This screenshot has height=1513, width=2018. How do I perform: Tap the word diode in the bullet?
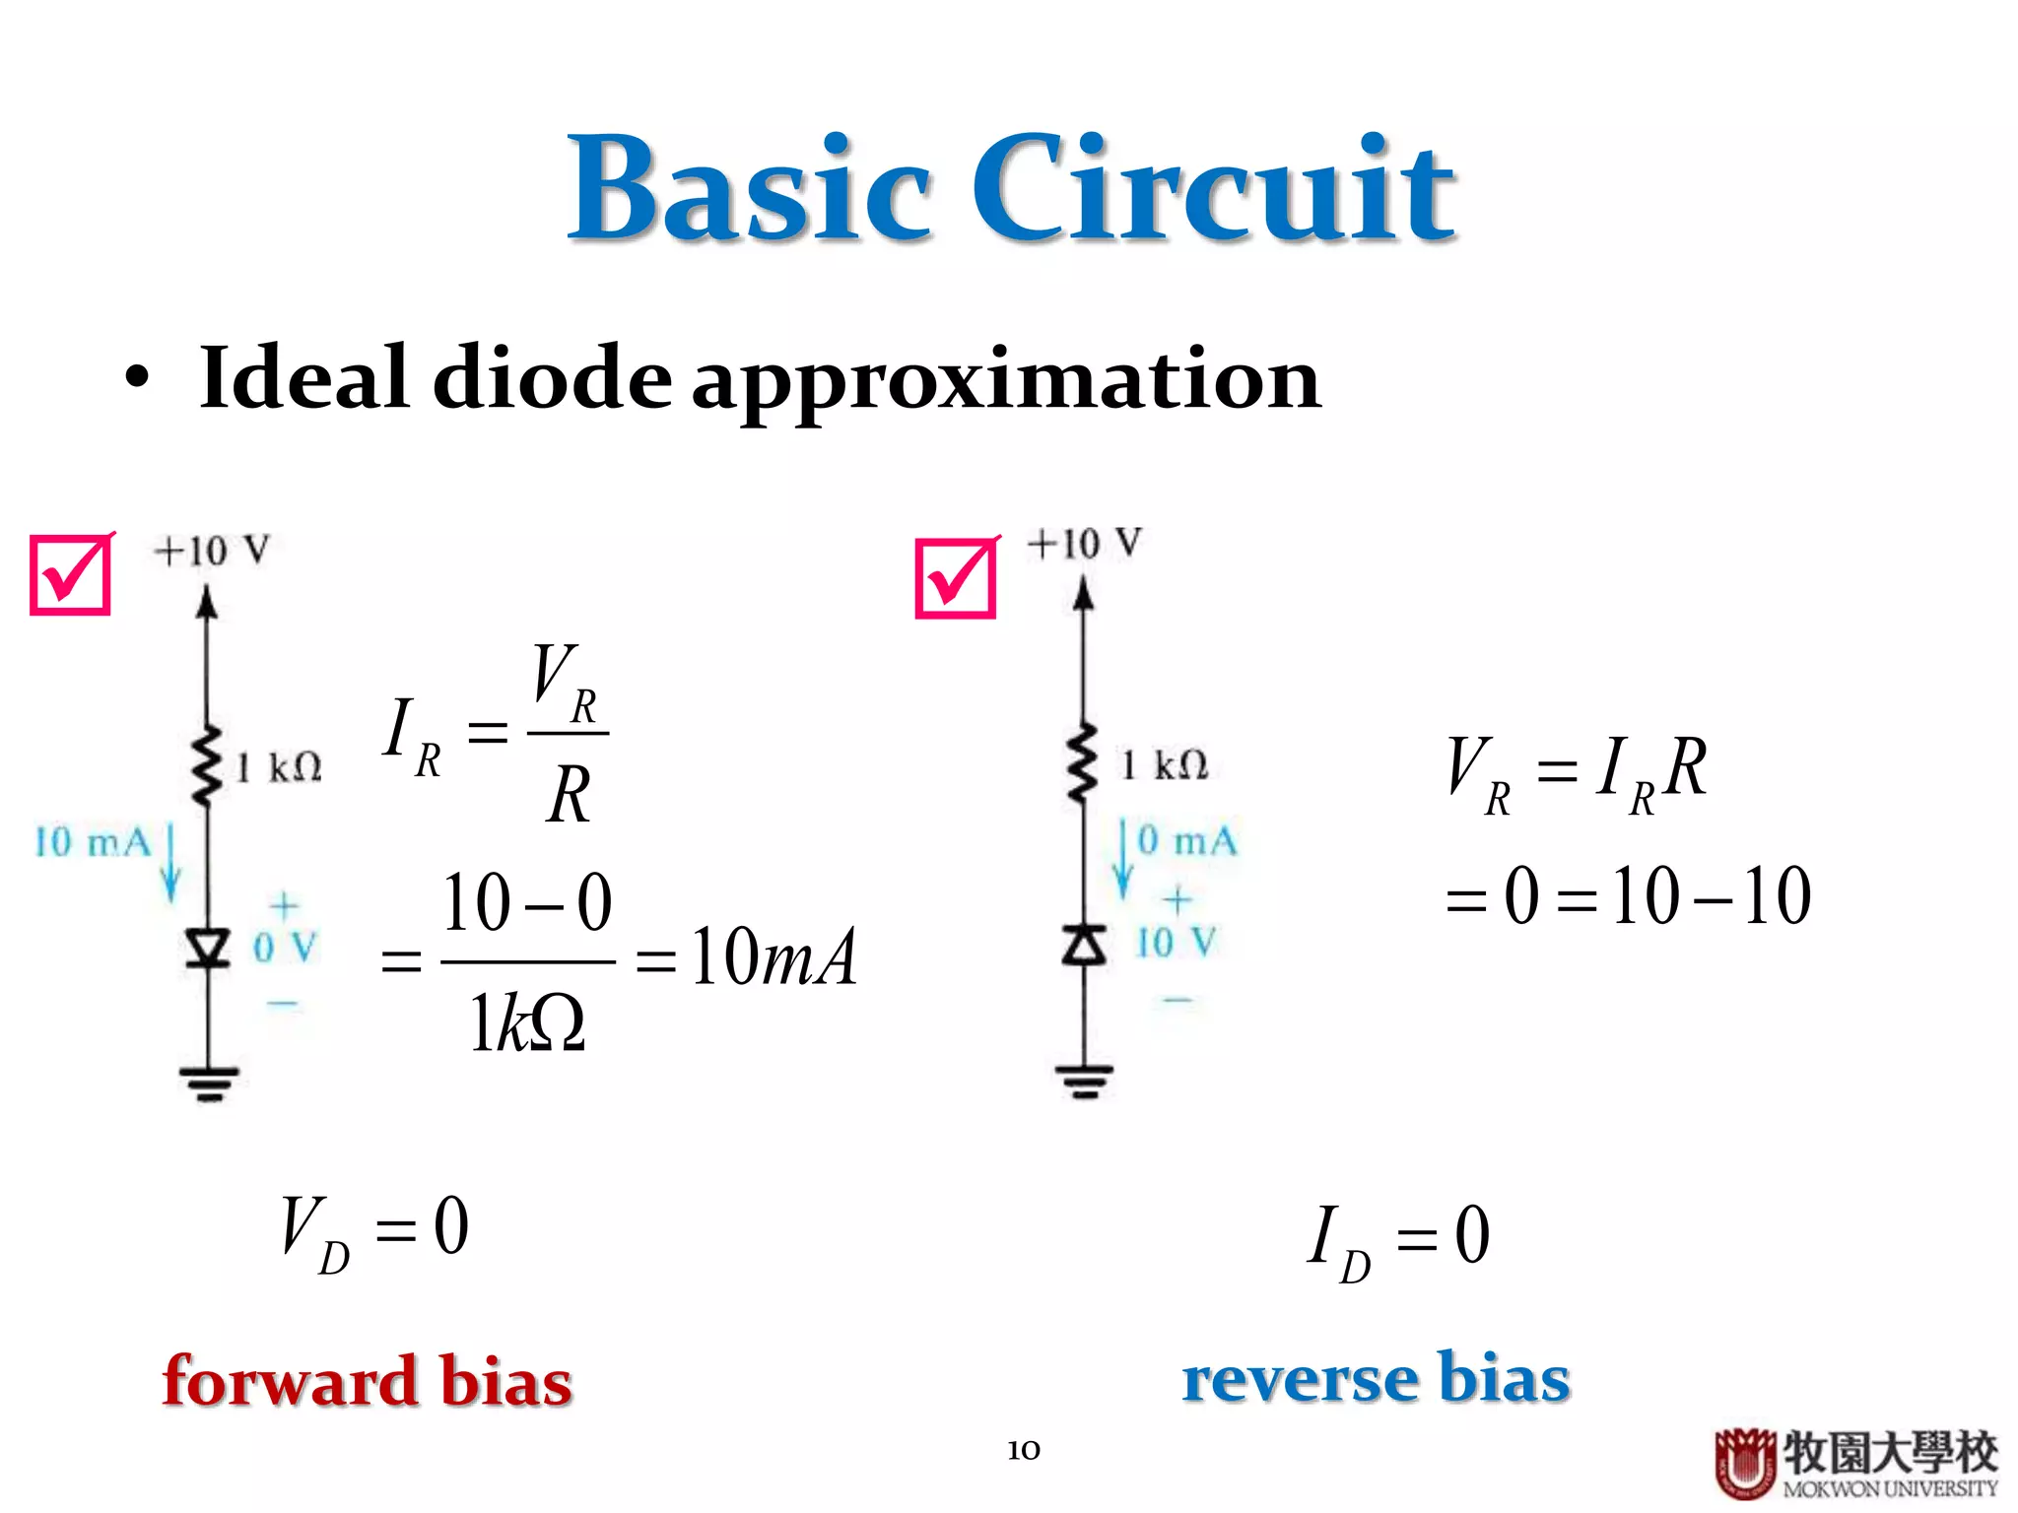tap(552, 378)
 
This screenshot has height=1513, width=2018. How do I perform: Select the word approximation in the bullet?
tap(1005, 382)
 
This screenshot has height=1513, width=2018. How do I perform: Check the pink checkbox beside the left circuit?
tap(70, 575)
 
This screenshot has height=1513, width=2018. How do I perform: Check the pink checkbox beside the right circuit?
tap(955, 578)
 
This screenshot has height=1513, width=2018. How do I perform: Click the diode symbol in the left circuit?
tap(208, 948)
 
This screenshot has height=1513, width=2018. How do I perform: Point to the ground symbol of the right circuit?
tap(1084, 1080)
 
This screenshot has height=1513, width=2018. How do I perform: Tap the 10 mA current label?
tap(93, 843)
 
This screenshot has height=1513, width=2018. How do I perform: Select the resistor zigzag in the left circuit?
tap(206, 766)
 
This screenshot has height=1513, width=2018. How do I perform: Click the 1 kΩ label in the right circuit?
tap(1165, 765)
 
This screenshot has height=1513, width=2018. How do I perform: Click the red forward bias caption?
tap(367, 1381)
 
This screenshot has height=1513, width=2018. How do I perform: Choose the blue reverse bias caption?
tap(1376, 1377)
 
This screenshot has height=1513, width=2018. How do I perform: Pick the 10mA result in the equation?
tap(773, 957)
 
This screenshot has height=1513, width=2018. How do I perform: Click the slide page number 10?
tap(1024, 1450)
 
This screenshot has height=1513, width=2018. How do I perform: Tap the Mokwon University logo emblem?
tap(1745, 1463)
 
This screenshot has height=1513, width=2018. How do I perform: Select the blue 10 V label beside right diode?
tap(1177, 943)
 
